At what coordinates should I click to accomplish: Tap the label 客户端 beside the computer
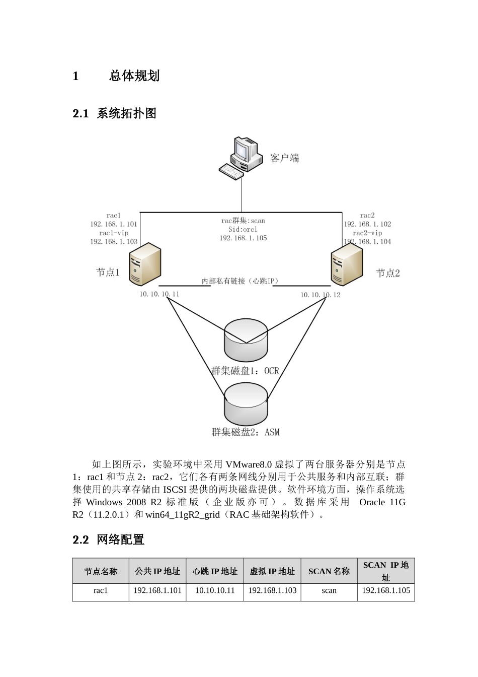[284, 158]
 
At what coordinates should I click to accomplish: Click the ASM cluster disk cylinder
[246, 403]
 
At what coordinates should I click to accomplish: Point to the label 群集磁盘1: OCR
[245, 371]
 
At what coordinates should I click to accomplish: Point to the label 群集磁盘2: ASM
[245, 432]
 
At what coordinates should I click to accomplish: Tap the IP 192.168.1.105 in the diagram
[243, 238]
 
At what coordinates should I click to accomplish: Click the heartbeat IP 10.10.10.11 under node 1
[159, 294]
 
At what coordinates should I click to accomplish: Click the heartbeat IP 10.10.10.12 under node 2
[320, 295]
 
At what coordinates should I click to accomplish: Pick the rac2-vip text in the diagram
[367, 233]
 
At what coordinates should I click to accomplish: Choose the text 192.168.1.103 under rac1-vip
[114, 242]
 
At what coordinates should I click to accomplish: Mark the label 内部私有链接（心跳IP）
[240, 281]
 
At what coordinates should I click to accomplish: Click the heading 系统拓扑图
[126, 113]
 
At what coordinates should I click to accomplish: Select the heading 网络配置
[120, 540]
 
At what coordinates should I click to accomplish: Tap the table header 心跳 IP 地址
[215, 571]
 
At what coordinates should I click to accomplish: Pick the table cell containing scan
[329, 590]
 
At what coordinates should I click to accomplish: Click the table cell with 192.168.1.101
[157, 590]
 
